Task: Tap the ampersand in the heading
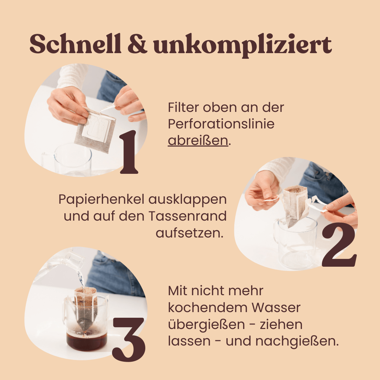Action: click(138, 44)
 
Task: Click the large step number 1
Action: click(129, 152)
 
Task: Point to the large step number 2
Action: click(339, 245)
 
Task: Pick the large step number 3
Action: click(129, 339)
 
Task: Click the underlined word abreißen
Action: click(198, 140)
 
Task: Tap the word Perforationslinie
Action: click(221, 124)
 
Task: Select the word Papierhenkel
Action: click(102, 200)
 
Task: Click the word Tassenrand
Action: click(188, 216)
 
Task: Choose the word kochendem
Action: click(208, 308)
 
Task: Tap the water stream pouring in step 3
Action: click(81, 279)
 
